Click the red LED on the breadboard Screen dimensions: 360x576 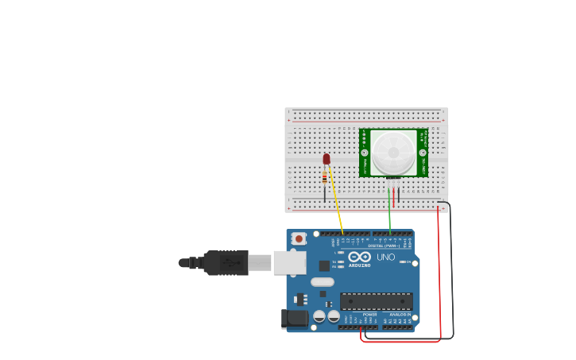(x=327, y=159)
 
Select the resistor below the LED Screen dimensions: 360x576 (x=324, y=178)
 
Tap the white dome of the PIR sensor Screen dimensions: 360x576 (x=393, y=152)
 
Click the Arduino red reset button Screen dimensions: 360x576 (x=299, y=238)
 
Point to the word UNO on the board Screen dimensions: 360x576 (x=385, y=257)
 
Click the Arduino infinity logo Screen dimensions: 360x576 (x=359, y=257)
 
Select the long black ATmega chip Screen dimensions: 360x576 (x=376, y=301)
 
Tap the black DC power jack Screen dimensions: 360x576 (x=295, y=319)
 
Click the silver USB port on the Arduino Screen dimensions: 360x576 (x=290, y=262)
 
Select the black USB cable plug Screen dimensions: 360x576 (x=226, y=262)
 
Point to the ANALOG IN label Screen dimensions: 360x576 (x=400, y=315)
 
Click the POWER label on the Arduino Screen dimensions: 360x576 (x=369, y=315)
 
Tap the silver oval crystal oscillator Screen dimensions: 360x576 (x=323, y=281)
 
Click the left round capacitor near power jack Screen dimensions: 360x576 (x=319, y=316)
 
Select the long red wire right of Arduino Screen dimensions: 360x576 (x=439, y=270)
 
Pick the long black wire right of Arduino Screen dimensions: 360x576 (x=452, y=270)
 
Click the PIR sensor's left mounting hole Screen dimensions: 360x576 (x=365, y=152)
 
